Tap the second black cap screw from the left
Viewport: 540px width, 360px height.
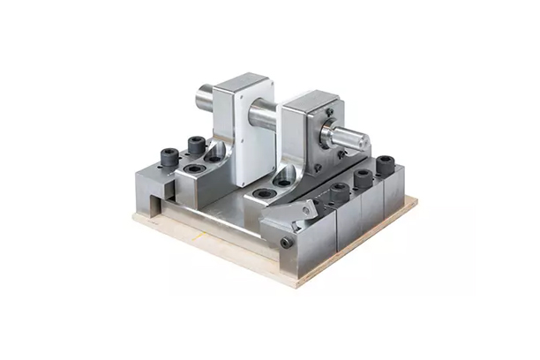coord(195,143)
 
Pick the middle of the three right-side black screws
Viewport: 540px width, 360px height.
coord(362,178)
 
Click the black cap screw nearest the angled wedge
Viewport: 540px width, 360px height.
coord(338,191)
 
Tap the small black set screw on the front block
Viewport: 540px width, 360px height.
coord(286,243)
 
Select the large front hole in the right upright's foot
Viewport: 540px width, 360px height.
coord(262,191)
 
